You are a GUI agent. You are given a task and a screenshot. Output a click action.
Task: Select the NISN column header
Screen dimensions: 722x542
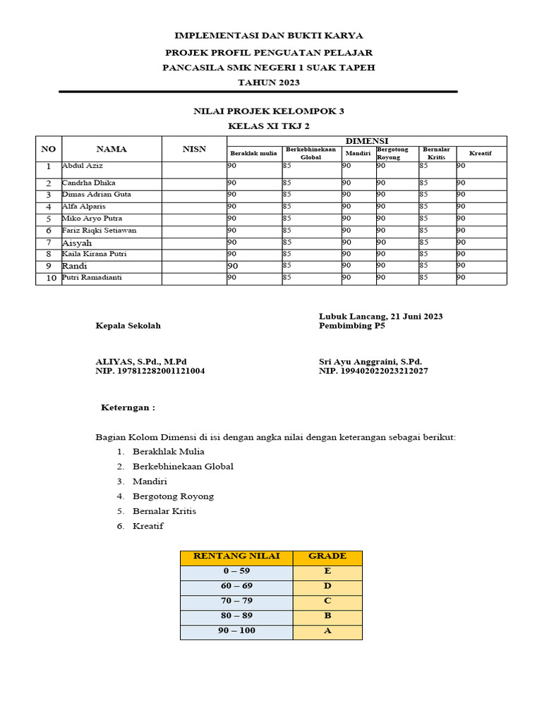[x=194, y=149]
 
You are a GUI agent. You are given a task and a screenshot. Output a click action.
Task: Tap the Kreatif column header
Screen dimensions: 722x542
[x=480, y=153]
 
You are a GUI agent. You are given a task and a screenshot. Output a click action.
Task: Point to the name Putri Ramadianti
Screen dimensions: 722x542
[x=92, y=278]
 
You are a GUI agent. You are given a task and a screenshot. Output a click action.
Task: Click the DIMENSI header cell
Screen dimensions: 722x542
[x=366, y=141]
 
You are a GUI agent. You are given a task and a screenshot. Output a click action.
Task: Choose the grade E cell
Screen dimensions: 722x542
[x=327, y=571]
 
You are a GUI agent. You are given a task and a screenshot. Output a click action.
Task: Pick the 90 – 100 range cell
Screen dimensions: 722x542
[x=236, y=630]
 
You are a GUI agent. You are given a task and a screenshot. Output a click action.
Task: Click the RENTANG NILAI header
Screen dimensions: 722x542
[x=236, y=556]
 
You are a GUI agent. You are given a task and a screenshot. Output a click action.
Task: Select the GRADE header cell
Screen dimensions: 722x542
[x=327, y=556]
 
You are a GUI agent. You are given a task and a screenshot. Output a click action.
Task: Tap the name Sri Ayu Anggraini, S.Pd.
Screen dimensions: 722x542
[x=370, y=361]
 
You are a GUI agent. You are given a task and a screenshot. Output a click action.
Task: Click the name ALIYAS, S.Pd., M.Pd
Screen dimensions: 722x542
[x=141, y=361]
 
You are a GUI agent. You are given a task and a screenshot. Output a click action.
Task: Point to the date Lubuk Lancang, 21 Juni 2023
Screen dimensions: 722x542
[x=380, y=317]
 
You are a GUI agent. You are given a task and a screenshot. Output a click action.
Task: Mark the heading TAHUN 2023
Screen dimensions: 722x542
[x=268, y=82]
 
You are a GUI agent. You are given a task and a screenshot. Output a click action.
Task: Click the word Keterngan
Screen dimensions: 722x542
[x=128, y=408]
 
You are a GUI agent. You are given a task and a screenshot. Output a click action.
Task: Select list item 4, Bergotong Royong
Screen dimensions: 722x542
[x=173, y=496]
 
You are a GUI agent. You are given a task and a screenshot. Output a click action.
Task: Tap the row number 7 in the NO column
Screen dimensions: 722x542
[x=48, y=243]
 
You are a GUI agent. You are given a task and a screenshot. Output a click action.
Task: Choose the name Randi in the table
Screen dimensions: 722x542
[x=74, y=266]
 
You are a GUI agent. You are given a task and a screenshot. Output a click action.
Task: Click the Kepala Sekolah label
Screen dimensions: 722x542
[x=128, y=326]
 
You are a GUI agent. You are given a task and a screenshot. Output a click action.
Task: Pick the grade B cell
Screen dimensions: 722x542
[x=327, y=616]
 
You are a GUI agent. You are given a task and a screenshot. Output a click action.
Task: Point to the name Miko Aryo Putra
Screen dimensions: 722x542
[x=92, y=219]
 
